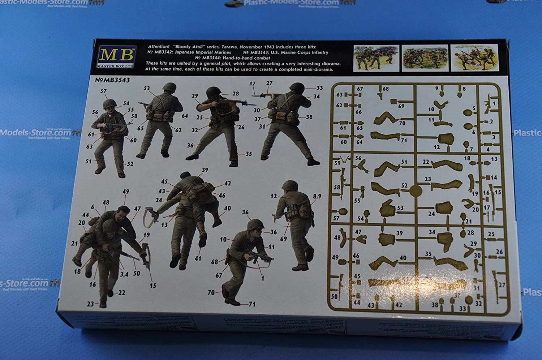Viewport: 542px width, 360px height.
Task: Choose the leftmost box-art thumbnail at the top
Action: pos(376,58)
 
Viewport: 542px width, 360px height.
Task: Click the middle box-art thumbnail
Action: pos(425,58)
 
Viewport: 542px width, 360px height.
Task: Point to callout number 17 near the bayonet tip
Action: pos(252,83)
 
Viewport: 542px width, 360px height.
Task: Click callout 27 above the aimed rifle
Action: pos(269,83)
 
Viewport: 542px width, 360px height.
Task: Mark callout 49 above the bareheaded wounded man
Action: pos(126,192)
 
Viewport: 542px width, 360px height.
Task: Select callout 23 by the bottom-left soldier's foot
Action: pos(90,304)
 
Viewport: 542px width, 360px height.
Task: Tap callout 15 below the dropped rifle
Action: pos(153,286)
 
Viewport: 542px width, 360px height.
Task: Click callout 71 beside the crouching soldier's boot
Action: pos(252,304)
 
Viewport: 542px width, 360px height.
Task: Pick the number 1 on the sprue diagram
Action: pos(494,104)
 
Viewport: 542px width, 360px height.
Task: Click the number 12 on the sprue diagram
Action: pos(437,147)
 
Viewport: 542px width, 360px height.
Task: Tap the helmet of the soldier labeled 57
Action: pos(108,104)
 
